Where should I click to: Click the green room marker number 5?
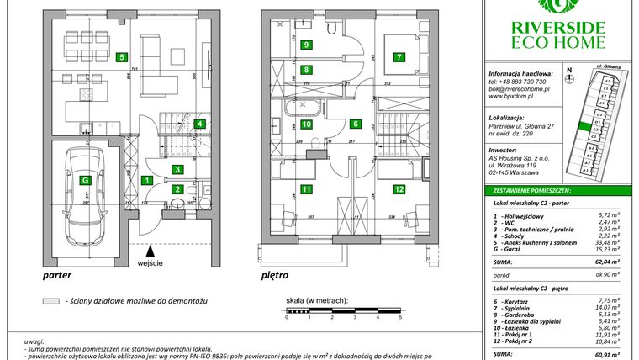(x=123, y=57)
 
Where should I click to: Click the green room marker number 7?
(x=400, y=57)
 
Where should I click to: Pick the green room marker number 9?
(x=307, y=45)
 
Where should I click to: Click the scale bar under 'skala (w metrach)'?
(x=343, y=311)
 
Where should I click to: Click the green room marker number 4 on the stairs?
(x=199, y=124)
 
